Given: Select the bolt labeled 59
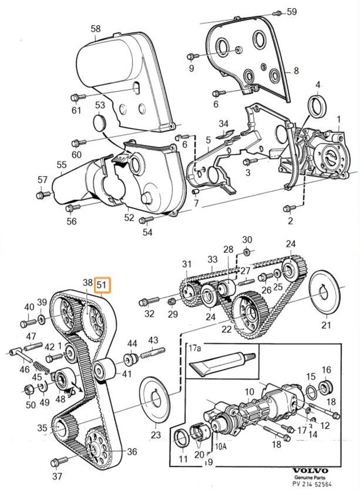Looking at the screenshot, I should point(278,13).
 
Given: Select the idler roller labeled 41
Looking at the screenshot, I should point(103,370).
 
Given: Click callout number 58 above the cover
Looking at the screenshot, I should point(95,29).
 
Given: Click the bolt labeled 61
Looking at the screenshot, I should point(77,97).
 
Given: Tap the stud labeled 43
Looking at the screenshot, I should point(151,354).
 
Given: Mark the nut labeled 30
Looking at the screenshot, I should point(247,251).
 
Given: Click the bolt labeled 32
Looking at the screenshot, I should point(150,301).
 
